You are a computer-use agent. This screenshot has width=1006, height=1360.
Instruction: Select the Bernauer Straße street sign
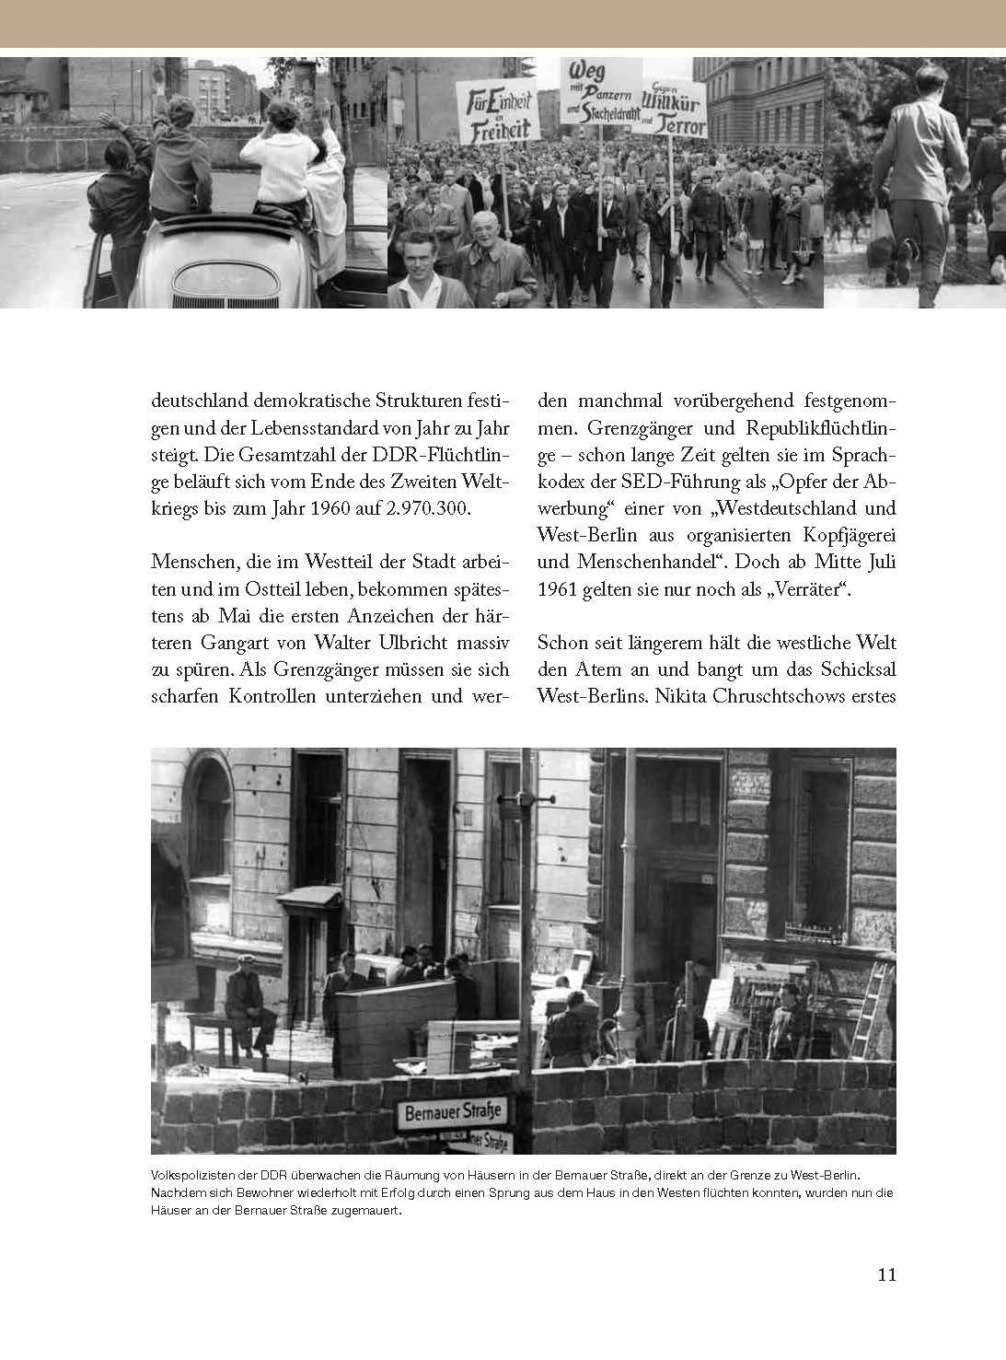pyautogui.click(x=453, y=1111)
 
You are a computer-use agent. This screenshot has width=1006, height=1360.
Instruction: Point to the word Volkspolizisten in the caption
pyautogui.click(x=188, y=1175)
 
